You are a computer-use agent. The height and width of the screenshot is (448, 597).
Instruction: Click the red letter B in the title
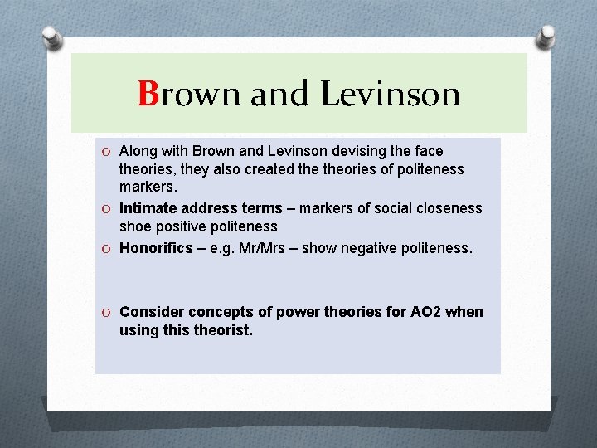pyautogui.click(x=148, y=95)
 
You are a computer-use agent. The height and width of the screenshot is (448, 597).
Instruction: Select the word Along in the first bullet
pyautogui.click(x=138, y=151)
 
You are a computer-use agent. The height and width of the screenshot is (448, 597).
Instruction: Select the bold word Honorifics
pyautogui.click(x=157, y=247)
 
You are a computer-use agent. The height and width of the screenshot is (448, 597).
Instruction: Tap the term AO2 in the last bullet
pyautogui.click(x=425, y=312)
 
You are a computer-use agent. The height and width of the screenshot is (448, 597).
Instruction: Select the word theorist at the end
pyautogui.click(x=223, y=330)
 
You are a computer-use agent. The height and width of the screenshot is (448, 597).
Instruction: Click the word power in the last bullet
pyautogui.click(x=296, y=312)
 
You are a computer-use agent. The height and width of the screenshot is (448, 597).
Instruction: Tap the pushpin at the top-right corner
pyautogui.click(x=546, y=37)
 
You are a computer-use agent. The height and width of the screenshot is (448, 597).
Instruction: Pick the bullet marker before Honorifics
pyautogui.click(x=107, y=248)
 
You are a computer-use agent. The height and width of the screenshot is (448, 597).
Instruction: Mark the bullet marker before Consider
pyautogui.click(x=107, y=313)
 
